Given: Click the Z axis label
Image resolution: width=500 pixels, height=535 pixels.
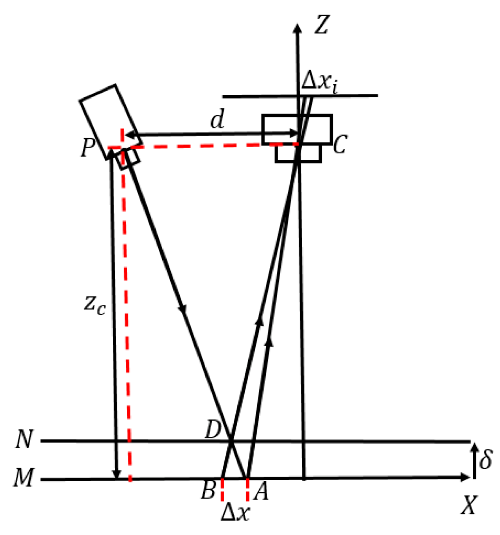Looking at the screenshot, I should pyautogui.click(x=322, y=25).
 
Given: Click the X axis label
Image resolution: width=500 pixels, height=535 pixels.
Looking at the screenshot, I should pyautogui.click(x=469, y=505).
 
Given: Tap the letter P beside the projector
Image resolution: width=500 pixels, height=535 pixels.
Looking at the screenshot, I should pyautogui.click(x=88, y=148).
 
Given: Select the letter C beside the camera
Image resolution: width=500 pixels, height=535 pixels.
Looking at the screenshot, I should pyautogui.click(x=340, y=144).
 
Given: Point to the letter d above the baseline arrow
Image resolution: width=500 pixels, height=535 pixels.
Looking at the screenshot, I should pyautogui.click(x=217, y=119).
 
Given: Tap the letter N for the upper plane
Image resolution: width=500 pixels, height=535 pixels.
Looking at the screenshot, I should pyautogui.click(x=24, y=439).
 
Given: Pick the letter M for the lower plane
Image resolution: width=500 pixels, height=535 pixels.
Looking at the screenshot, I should pyautogui.click(x=23, y=478).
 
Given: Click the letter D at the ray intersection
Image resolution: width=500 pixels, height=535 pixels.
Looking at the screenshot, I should pyautogui.click(x=213, y=431).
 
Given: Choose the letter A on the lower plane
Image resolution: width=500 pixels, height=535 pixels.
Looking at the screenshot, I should pyautogui.click(x=261, y=492).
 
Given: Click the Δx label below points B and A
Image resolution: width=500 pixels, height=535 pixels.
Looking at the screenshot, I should pyautogui.click(x=235, y=512).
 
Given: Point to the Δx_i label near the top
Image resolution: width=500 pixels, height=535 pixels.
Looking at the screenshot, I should pyautogui.click(x=320, y=82).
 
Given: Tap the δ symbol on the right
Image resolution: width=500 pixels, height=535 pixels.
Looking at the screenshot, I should pyautogui.click(x=485, y=459).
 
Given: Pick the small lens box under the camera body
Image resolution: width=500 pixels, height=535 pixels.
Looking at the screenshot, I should pyautogui.click(x=298, y=154).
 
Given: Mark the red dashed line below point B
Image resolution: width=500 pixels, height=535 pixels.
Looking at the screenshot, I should pyautogui.click(x=222, y=490).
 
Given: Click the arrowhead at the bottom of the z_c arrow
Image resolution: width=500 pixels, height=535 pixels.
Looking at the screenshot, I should pyautogui.click(x=116, y=475).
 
